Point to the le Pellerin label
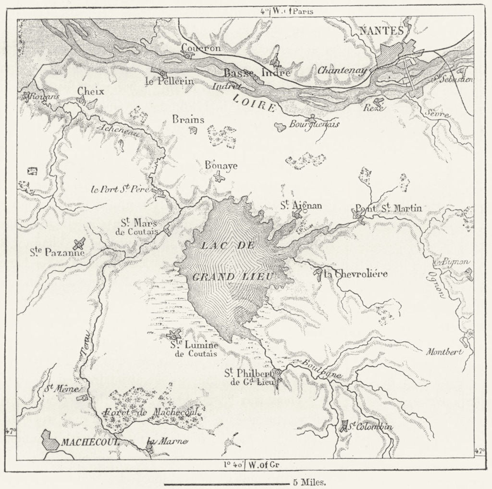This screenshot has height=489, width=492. click(170, 81)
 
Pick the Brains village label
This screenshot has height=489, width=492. click(189, 120)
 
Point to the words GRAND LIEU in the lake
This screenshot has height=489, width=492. click(233, 277)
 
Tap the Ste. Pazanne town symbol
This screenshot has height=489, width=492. click(79, 243)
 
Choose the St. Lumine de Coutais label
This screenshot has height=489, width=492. click(194, 349)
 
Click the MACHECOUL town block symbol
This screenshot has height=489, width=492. click(50, 440)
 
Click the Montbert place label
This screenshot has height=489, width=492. click(444, 351)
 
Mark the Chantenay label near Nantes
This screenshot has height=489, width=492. click(342, 71)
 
